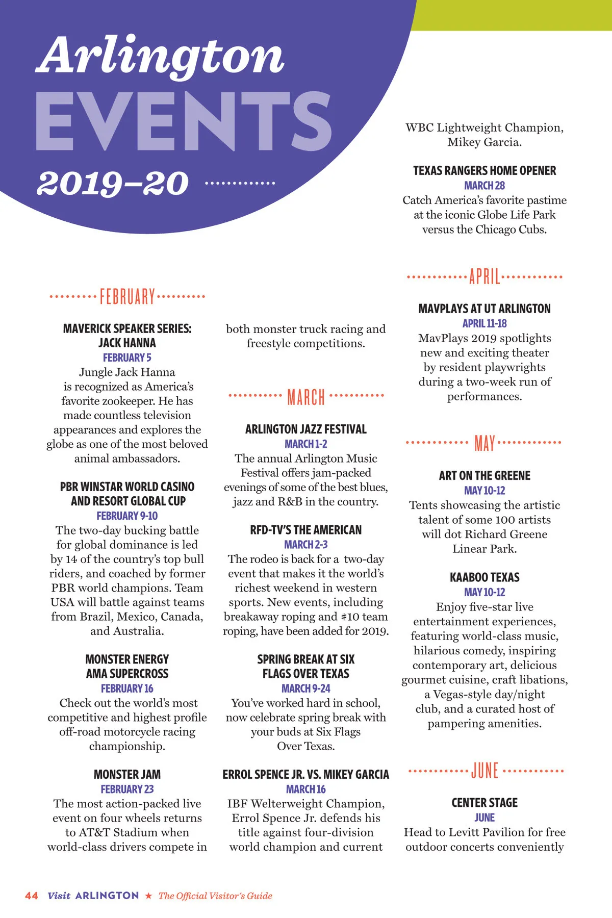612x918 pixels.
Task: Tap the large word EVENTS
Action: pos(184,122)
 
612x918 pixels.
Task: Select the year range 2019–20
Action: pos(113,183)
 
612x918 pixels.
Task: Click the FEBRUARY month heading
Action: pos(127,296)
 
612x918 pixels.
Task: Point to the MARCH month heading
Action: pos(306,397)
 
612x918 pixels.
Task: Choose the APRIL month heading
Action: pos(484,277)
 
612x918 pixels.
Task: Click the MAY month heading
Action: pos(484,443)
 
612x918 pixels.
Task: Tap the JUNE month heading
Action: pos(484,771)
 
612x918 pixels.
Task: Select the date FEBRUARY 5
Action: pos(127,358)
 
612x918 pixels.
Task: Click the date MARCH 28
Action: pos(484,186)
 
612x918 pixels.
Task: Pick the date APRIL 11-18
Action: pos(484,323)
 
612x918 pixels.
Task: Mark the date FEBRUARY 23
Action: pos(127,789)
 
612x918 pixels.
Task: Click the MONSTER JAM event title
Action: pos(127,774)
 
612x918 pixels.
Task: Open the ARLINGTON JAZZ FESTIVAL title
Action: pos(306,429)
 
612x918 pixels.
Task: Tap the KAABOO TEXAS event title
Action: pos(484,577)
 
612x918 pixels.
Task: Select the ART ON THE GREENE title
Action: pos(484,475)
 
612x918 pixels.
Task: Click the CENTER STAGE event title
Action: pos(484,803)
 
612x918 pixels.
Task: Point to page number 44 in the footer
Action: pos(32,896)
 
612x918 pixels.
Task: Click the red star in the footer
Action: pos(148,896)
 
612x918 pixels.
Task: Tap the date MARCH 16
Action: pos(306,789)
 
